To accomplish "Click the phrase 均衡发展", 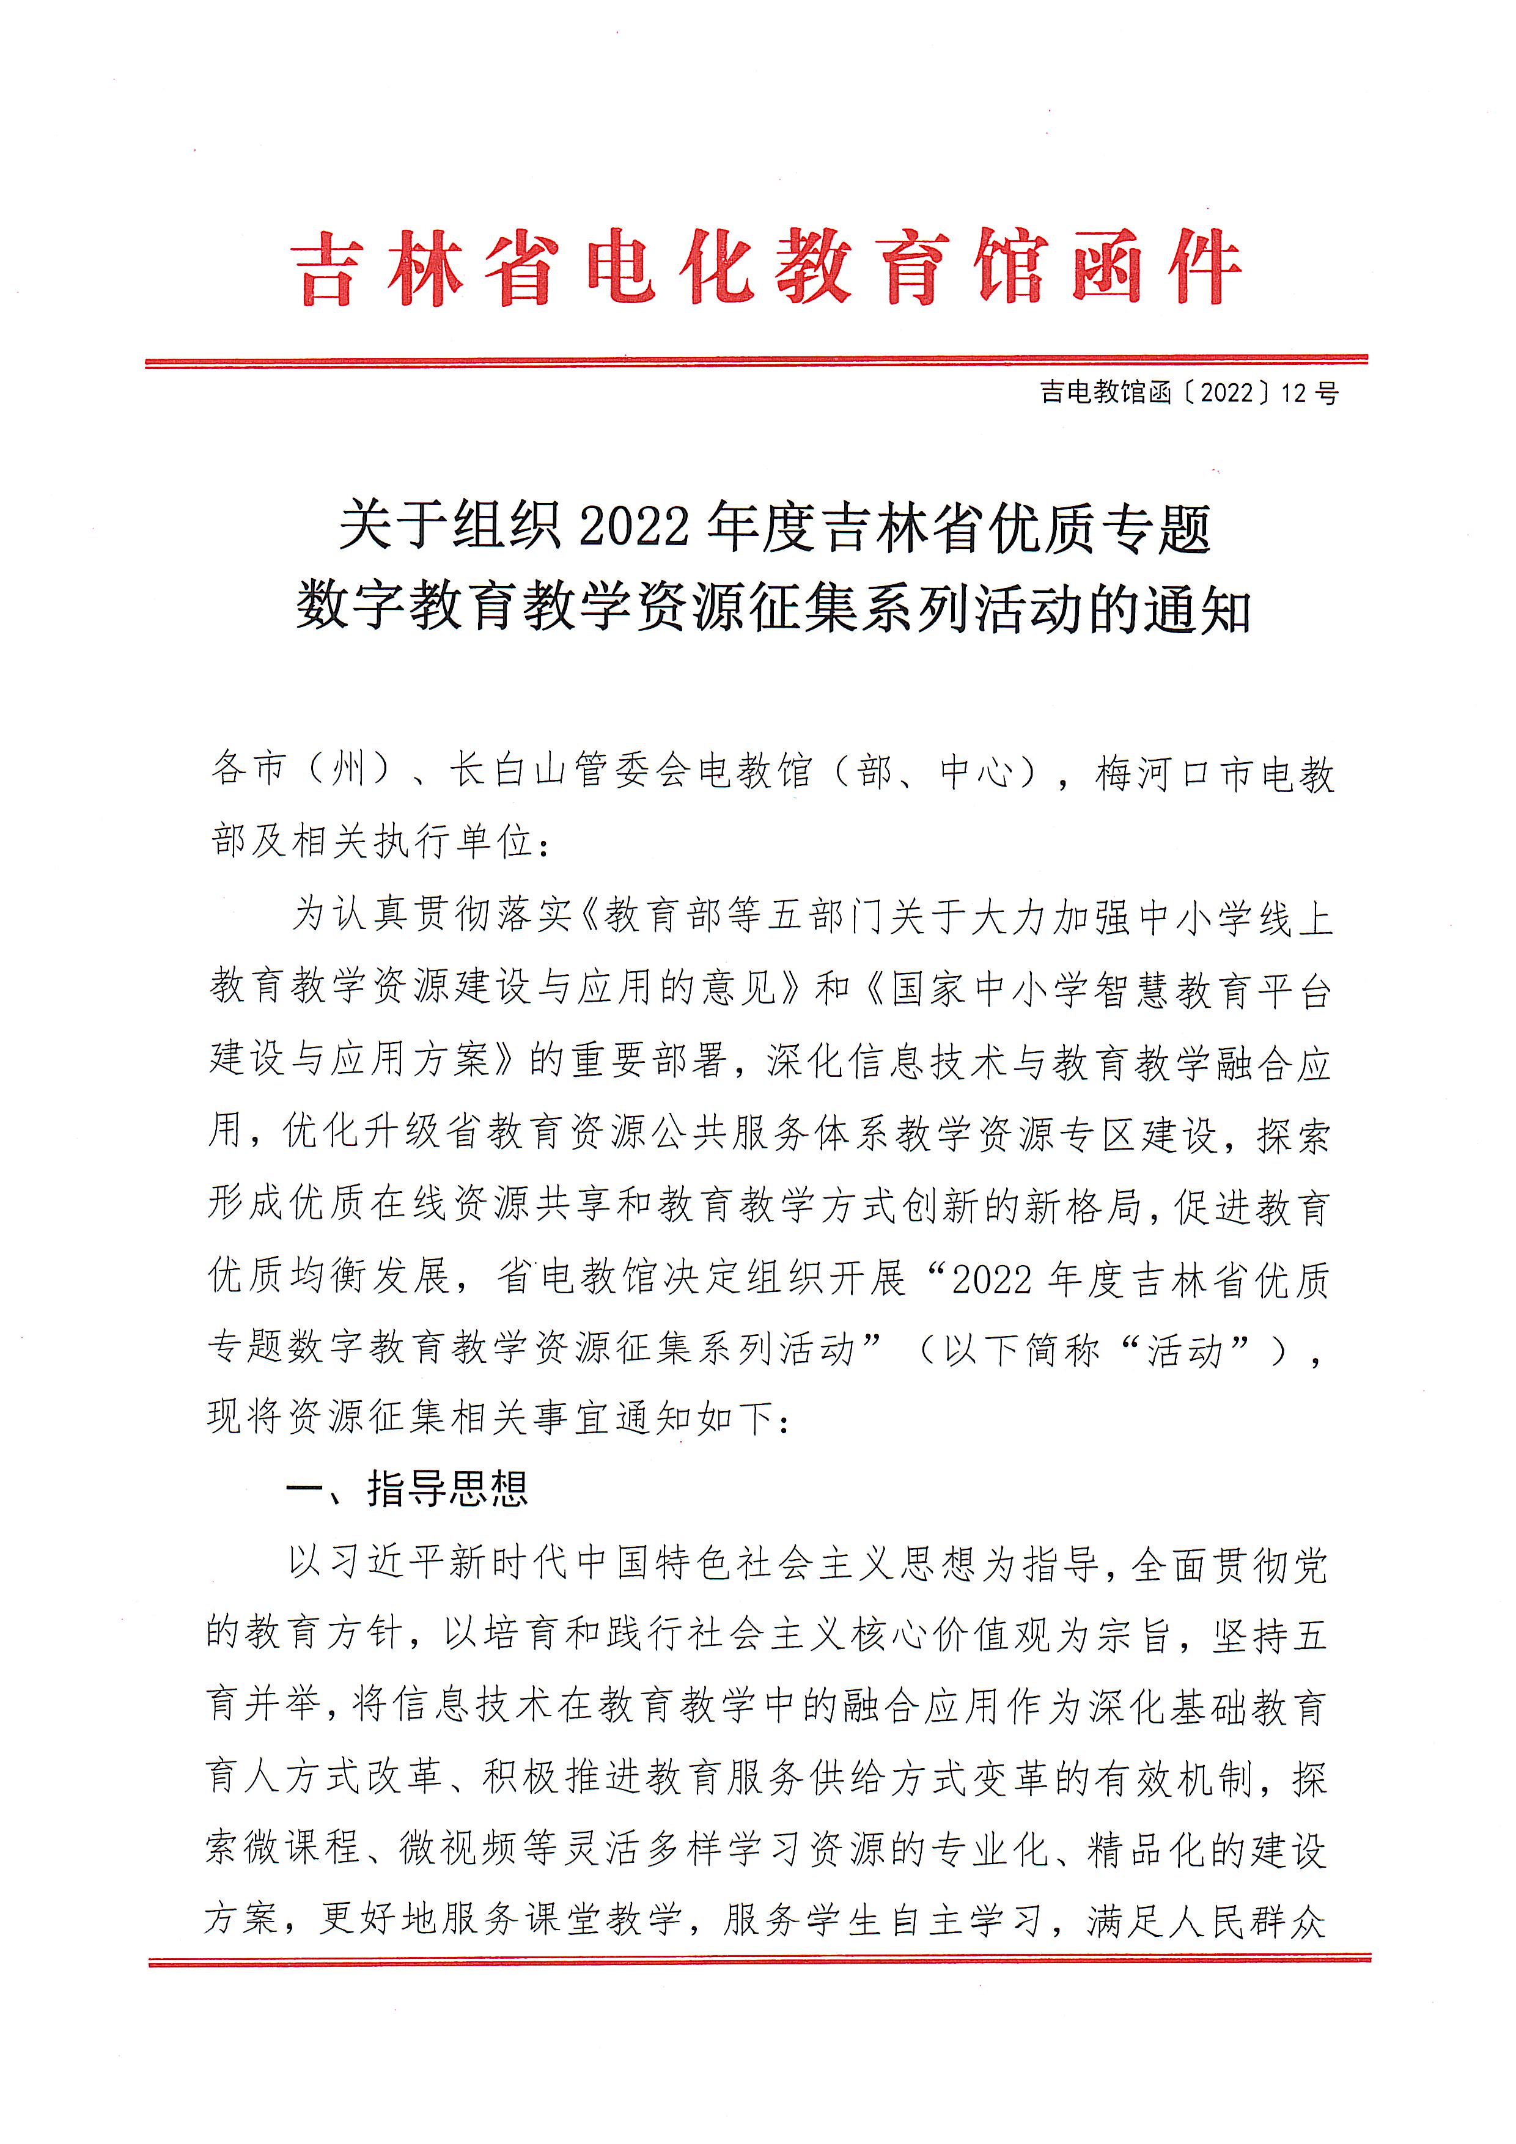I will tap(372, 1277).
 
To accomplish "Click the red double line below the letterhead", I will tap(757, 362).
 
